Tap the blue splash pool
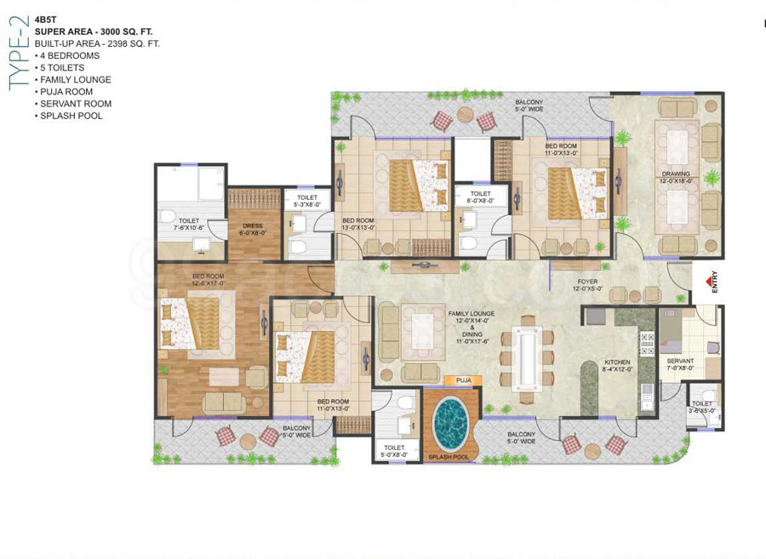tap(450, 423)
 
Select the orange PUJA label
tap(463, 380)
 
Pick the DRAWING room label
tap(676, 177)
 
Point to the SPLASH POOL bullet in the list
tap(71, 116)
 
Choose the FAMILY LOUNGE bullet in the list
tap(74, 80)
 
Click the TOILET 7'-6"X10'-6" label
tap(189, 225)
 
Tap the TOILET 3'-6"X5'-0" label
tap(702, 408)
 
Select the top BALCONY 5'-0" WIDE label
tap(529, 106)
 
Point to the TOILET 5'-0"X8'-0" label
tap(394, 451)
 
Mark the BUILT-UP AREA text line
tap(97, 43)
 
